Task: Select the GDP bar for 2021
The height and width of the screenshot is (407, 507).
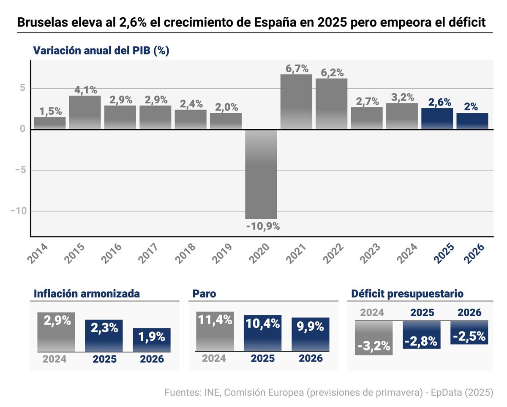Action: (296, 102)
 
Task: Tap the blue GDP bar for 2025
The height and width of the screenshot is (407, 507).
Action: (437, 119)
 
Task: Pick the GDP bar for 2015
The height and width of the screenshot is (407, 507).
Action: (85, 112)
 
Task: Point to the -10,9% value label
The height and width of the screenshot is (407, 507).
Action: (263, 226)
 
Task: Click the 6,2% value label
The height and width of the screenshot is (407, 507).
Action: (331, 73)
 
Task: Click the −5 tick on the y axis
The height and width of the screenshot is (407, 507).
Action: (21, 171)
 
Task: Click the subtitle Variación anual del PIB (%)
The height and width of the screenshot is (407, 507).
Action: (101, 51)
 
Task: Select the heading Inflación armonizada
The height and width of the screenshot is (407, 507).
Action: (86, 294)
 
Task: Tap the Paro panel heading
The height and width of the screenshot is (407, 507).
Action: (204, 294)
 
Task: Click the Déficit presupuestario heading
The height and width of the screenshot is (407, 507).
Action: (407, 294)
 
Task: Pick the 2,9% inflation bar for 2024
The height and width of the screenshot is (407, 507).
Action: (56, 332)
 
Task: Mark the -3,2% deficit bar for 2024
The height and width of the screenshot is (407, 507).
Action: (374, 338)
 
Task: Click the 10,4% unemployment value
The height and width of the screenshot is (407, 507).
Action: (262, 324)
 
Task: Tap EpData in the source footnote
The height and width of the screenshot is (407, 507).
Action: (444, 393)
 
